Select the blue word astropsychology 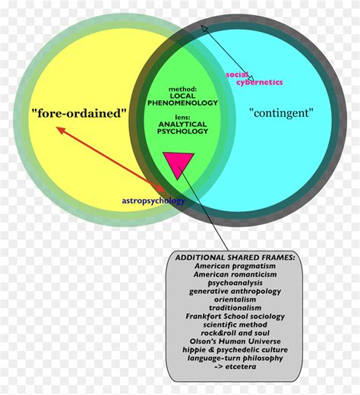click(153, 201)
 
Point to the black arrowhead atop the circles click(204, 27)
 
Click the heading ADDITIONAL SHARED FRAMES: click(235, 258)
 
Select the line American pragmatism click(235, 266)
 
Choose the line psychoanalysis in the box click(235, 283)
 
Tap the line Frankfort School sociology click(235, 316)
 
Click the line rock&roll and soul click(235, 333)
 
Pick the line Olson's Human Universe click(235, 341)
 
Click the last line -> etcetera click(235, 366)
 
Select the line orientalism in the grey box click(235, 299)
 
